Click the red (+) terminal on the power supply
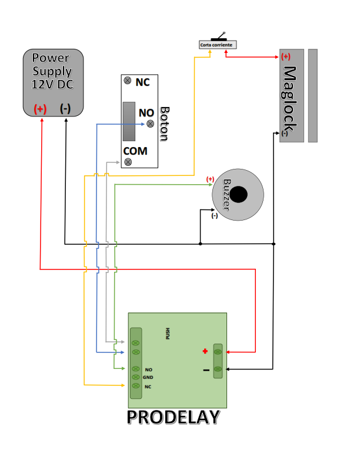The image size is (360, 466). tap(40, 109)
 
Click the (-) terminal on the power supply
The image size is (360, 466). tap(65, 109)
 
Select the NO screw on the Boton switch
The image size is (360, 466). tap(150, 123)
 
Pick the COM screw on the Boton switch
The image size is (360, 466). tap(128, 161)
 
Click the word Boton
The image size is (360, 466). tap(165, 124)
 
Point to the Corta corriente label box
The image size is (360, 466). tap(217, 45)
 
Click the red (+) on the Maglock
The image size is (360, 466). tap(286, 57)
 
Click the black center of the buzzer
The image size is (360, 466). tap(238, 194)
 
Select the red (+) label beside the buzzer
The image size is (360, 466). tap(210, 179)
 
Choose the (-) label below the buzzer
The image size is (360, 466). tap(214, 216)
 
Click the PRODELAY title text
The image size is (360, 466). tap(174, 417)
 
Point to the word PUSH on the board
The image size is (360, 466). tap(168, 334)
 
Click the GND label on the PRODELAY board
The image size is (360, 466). tap(148, 377)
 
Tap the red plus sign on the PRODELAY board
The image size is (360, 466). tap(205, 351)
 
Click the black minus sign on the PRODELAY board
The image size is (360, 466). tap(206, 370)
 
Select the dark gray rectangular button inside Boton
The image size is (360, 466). tap(129, 122)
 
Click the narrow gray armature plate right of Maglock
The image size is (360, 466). tap(312, 95)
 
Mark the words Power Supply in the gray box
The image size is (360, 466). tap(52, 65)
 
